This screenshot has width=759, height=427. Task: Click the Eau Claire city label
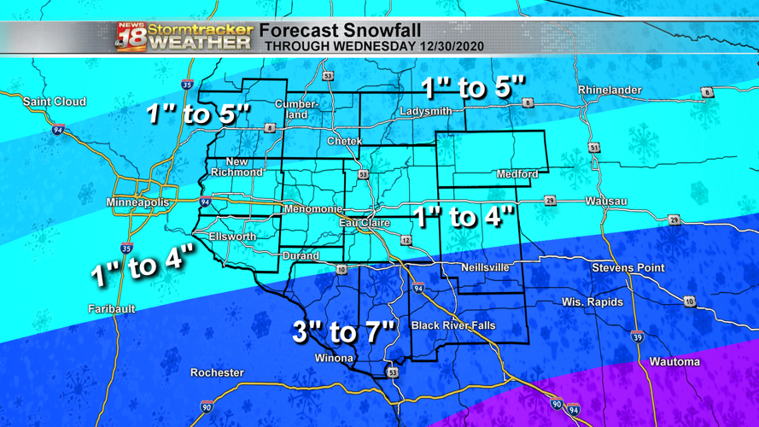(x=364, y=223)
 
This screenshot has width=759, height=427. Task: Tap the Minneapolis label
(x=137, y=202)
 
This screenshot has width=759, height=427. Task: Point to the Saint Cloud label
(x=55, y=102)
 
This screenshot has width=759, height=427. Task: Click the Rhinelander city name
(x=610, y=90)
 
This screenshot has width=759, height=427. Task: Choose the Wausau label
(x=606, y=202)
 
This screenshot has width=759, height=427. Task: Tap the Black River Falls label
(x=452, y=325)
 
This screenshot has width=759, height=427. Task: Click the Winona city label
(x=334, y=358)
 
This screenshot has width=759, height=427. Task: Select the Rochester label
(x=217, y=372)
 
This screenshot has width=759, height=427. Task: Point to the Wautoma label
(x=674, y=362)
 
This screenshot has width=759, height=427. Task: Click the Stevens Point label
(x=628, y=267)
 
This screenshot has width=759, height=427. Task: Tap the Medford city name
(x=517, y=174)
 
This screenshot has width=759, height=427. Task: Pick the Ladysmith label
(x=425, y=112)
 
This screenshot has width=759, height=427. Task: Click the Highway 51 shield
(x=594, y=148)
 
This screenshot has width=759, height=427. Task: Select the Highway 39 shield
(x=637, y=337)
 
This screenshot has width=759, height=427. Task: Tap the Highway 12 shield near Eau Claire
(x=406, y=241)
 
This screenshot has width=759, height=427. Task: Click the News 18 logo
(x=131, y=37)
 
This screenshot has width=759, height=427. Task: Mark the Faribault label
(x=112, y=308)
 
